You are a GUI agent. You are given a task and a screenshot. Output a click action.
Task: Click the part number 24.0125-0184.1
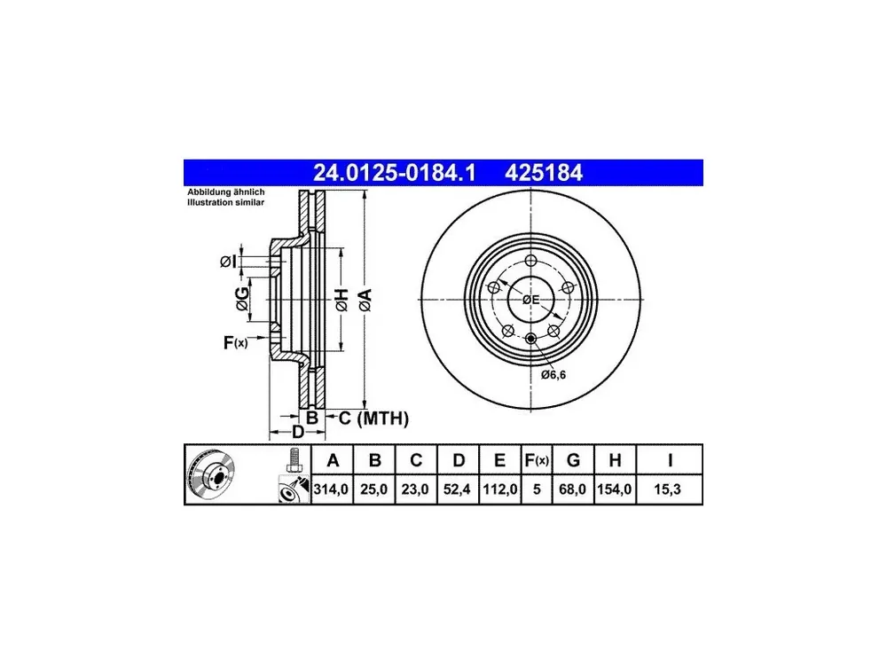[395, 173]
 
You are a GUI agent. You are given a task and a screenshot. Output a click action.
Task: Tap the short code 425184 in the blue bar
[543, 173]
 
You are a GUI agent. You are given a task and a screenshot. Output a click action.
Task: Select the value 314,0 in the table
[331, 489]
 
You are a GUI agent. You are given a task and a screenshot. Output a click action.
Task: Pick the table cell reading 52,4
[457, 489]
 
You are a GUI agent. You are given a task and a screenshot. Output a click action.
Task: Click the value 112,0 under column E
[499, 489]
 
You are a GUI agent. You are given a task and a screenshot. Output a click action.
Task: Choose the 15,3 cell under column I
[668, 489]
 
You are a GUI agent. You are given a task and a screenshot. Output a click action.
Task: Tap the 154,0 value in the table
[615, 489]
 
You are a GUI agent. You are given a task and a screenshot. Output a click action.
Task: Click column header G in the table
[573, 460]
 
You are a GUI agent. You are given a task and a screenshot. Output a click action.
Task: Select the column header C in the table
[416, 460]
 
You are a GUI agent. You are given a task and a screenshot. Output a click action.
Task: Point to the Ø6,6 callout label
[553, 375]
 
